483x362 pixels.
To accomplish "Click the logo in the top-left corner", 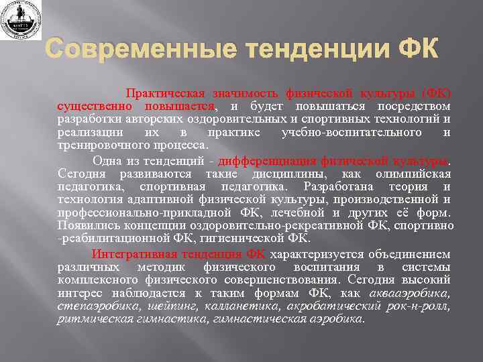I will coord(21,20).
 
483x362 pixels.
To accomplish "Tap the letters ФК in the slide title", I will coord(416,51).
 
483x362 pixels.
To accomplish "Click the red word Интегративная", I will coord(133,254).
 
